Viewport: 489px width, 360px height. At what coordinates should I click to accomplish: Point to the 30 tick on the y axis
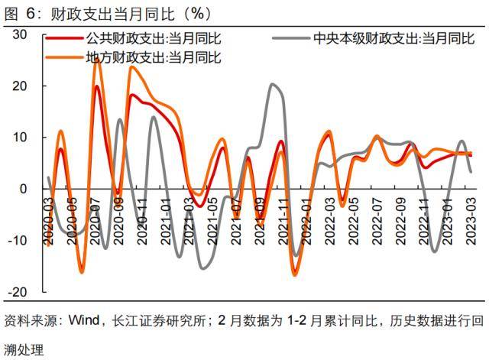coord(20,35)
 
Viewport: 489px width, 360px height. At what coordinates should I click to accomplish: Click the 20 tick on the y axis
coord(20,86)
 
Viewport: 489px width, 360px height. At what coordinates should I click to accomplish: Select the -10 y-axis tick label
coord(18,241)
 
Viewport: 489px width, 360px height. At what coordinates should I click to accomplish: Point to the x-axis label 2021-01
coord(165,216)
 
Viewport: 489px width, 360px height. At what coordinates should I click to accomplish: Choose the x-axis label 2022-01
coord(307,216)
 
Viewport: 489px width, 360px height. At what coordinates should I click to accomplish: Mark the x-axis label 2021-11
coord(283,216)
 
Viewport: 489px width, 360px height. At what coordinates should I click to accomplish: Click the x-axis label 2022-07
coord(377,216)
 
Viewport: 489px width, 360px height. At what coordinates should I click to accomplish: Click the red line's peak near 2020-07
coord(96,86)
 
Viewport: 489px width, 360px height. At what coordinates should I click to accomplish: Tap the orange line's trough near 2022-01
coord(296,274)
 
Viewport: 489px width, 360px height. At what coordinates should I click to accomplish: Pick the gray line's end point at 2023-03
coord(471,172)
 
